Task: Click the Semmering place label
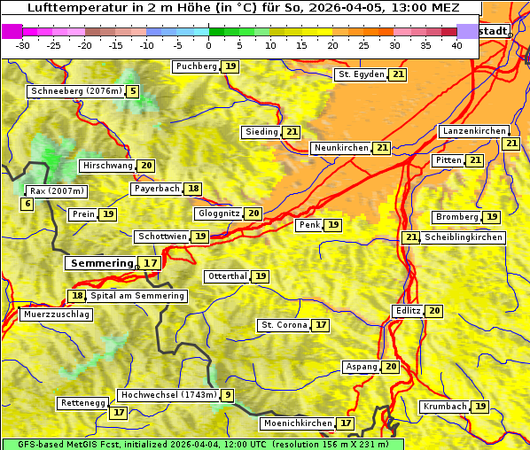100,263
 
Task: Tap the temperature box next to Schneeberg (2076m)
133,91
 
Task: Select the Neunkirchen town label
340,148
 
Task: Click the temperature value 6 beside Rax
27,205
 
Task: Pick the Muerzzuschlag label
55,314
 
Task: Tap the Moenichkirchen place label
298,423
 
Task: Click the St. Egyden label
362,74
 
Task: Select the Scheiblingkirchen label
464,237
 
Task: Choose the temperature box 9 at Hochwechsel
229,395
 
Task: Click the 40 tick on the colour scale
456,45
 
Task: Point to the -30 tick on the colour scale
23,45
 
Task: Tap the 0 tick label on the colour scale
208,45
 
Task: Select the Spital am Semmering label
137,296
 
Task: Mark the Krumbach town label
444,407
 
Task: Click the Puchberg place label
196,66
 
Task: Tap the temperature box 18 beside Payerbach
193,189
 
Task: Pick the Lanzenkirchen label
473,131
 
